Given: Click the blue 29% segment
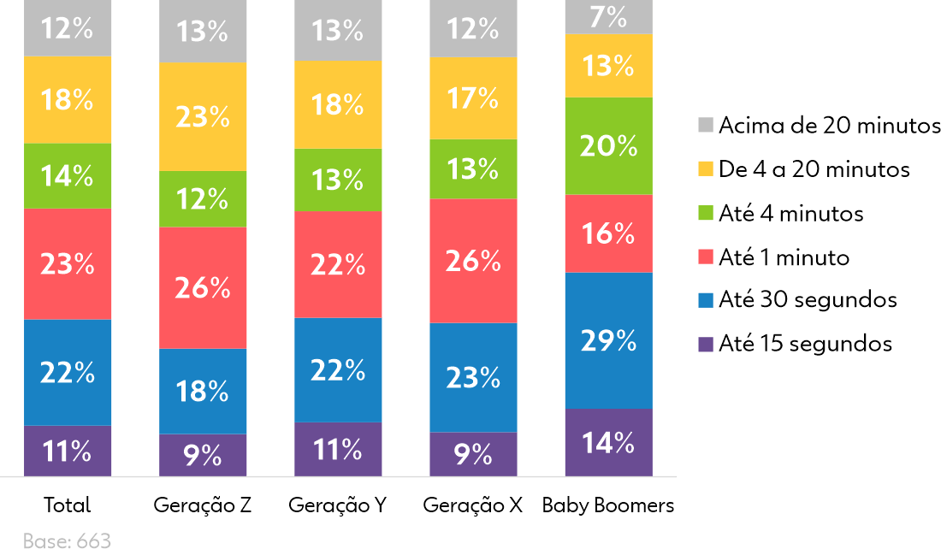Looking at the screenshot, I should coord(608,340).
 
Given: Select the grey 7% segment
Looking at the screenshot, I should coord(608,17).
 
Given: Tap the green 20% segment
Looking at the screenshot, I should coord(608,146).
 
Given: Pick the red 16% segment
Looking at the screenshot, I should coord(608,233).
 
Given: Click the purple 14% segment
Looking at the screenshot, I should coord(608,442).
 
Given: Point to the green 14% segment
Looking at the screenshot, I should coord(68,176).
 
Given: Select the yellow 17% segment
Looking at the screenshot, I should coord(473,99).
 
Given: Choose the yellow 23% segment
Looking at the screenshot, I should coord(203,117).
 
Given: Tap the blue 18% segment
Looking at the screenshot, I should coord(203,391).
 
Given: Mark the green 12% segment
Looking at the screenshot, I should coord(203,199).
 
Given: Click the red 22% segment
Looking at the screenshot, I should coord(338,265).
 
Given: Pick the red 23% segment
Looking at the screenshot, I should coord(68,264).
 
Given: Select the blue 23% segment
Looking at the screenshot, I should coord(473,377).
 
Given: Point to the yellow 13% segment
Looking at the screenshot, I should coord(608,66).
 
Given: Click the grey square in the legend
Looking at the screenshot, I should coord(706,125).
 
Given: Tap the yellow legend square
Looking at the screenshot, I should coord(706,168).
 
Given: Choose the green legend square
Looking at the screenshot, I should coord(706,213).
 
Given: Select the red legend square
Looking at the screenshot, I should coord(706,257).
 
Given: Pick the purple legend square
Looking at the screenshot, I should coord(706,345).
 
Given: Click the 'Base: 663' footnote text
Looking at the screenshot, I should coord(67,540).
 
